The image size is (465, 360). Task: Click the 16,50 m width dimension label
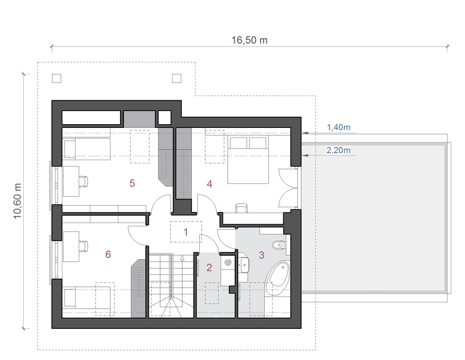249,40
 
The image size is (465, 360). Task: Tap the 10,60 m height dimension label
18,201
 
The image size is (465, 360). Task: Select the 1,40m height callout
338,127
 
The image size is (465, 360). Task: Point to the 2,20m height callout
338,150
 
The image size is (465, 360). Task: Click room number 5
132,183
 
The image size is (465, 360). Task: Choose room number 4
209,184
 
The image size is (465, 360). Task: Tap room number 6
108,254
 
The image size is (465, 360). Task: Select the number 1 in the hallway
186,232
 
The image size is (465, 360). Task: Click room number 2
209,267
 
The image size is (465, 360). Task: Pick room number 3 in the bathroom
262,255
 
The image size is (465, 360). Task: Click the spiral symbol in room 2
228,263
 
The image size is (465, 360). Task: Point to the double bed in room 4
248,160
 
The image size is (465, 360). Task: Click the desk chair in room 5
84,181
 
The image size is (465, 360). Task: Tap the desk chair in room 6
84,246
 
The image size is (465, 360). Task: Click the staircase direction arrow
182,276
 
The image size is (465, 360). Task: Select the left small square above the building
57,78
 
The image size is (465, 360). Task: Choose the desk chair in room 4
241,208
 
